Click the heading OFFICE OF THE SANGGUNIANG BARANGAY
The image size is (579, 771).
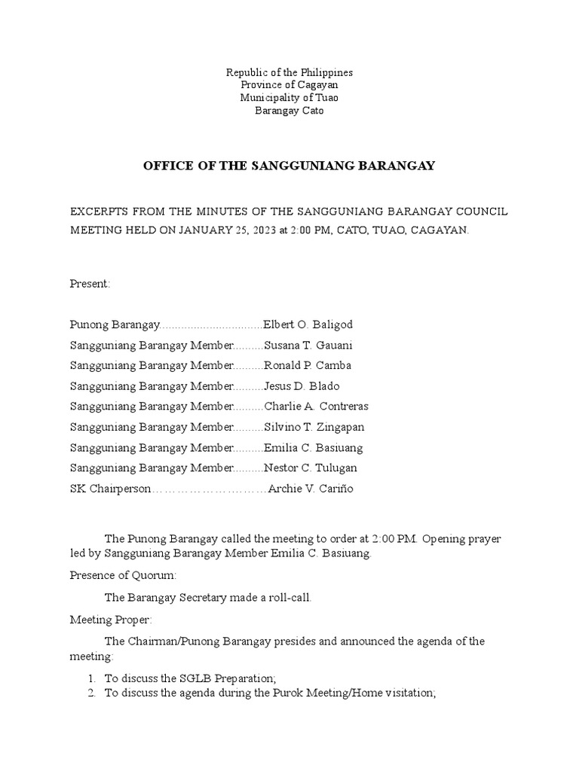(289, 166)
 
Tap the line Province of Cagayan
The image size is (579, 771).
(289, 85)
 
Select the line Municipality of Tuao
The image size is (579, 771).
(289, 98)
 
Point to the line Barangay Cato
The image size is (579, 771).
(289, 111)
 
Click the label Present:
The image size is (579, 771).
(90, 283)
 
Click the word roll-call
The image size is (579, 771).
(288, 597)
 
